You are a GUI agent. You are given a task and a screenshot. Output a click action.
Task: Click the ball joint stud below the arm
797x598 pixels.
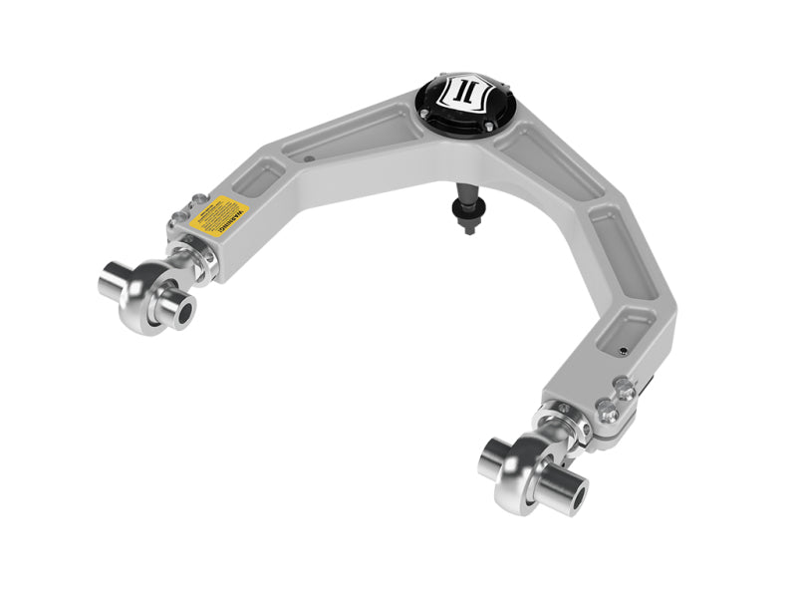coord(466,213)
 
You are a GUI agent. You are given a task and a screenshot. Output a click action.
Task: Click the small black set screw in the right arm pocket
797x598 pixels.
coord(622,351)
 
